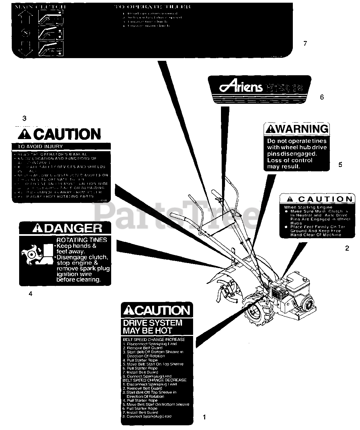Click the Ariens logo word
(240, 87)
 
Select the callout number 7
(305, 44)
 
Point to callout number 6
(322, 97)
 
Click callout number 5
(340, 165)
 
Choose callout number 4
(31, 294)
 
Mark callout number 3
(24, 118)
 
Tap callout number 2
(347, 248)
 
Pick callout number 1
(204, 417)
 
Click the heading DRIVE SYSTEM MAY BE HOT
(152, 327)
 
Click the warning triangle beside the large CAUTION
(24, 135)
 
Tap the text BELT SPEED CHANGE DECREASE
(154, 380)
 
